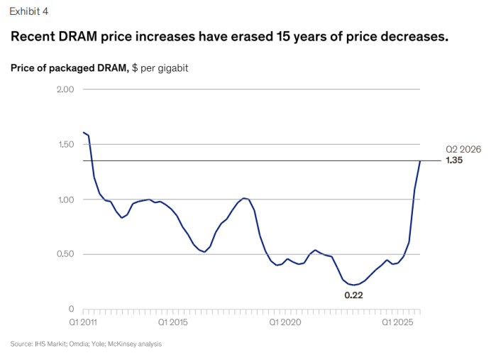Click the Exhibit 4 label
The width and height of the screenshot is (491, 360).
click(29, 11)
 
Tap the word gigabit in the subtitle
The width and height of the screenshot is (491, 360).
click(173, 68)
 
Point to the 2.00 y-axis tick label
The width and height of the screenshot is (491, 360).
click(65, 89)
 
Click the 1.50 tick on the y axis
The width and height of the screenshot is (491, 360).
click(66, 144)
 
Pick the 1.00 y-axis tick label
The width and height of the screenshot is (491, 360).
click(66, 200)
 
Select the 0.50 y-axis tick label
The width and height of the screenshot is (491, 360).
click(65, 254)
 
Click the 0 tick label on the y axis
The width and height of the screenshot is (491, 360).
click(71, 309)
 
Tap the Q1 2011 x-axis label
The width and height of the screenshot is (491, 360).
click(83, 322)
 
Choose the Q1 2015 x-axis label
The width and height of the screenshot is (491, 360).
click(172, 322)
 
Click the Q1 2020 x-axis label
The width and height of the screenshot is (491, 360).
click(285, 322)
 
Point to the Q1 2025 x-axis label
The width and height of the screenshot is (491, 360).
click(397, 322)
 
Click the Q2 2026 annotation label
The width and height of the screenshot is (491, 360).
click(463, 149)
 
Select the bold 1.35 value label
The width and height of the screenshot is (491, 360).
click(454, 160)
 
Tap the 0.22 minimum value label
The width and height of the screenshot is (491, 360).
click(353, 295)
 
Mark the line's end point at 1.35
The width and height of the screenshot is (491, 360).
click(420, 161)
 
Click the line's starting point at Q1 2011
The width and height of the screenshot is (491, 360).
click(83, 132)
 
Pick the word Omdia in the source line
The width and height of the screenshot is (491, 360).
click(79, 344)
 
